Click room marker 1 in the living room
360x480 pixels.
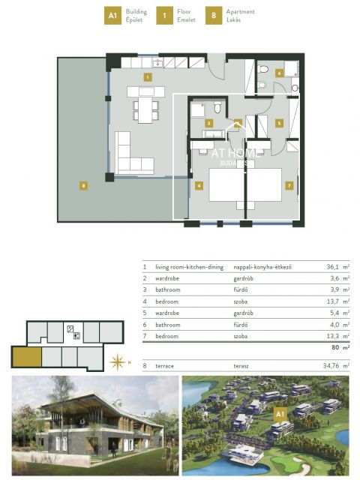click(x=148, y=76)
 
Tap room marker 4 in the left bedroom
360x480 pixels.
click(x=198, y=184)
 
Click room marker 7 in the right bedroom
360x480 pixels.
click(x=288, y=184)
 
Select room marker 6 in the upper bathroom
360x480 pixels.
click(x=278, y=73)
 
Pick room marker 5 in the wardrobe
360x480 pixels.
click(x=277, y=123)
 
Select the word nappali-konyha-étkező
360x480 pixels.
click(x=263, y=266)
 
